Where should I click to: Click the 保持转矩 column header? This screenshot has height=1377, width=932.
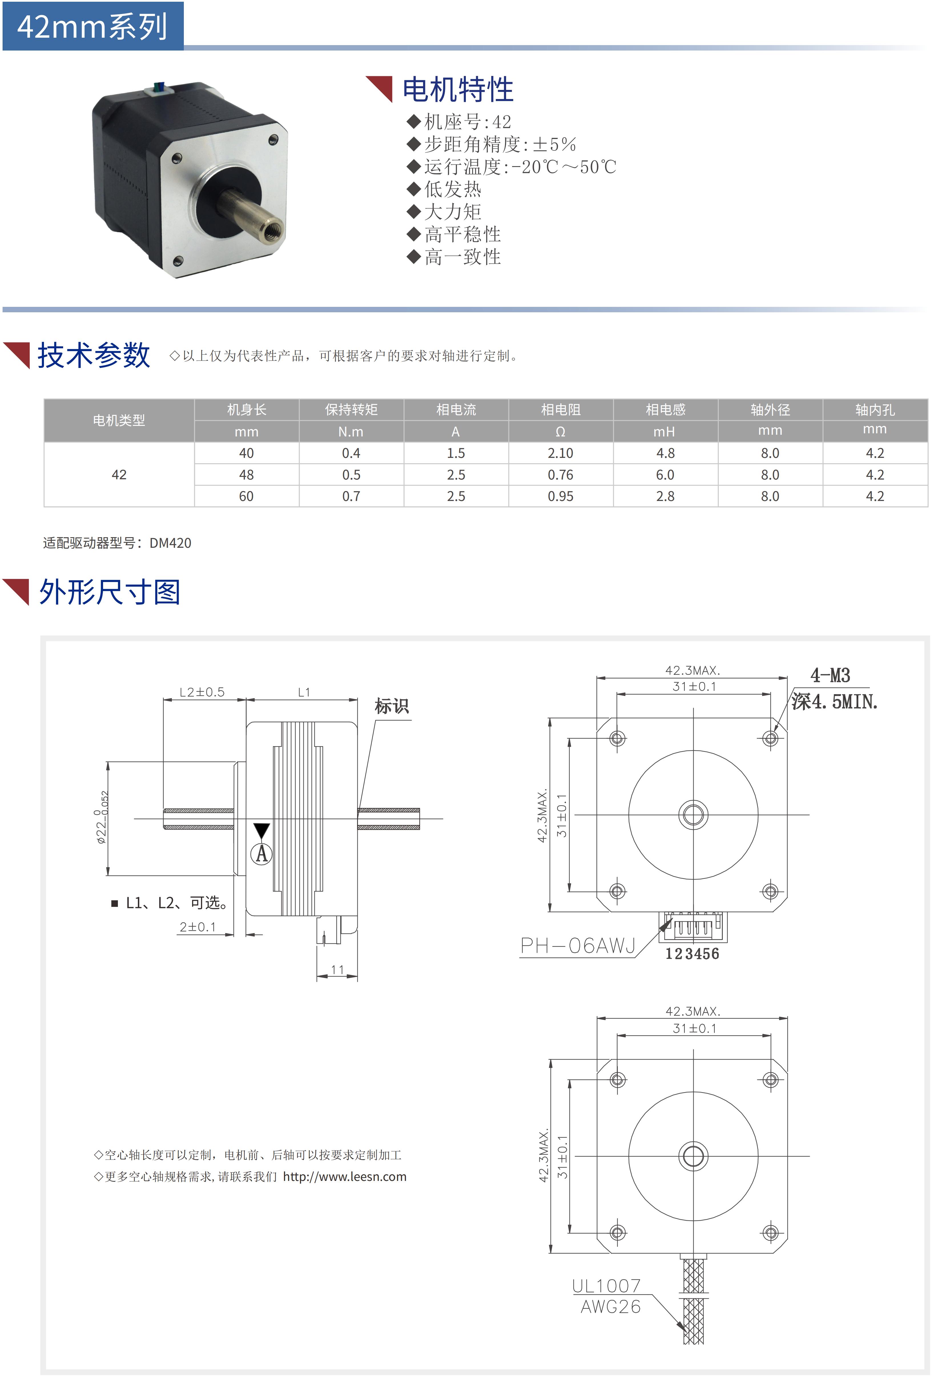(351, 409)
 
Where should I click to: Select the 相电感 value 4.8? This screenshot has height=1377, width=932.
(665, 453)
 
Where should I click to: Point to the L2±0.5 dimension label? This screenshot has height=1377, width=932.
(202, 692)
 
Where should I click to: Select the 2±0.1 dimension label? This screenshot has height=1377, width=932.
(198, 927)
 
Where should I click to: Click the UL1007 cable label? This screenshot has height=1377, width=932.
(606, 1286)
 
